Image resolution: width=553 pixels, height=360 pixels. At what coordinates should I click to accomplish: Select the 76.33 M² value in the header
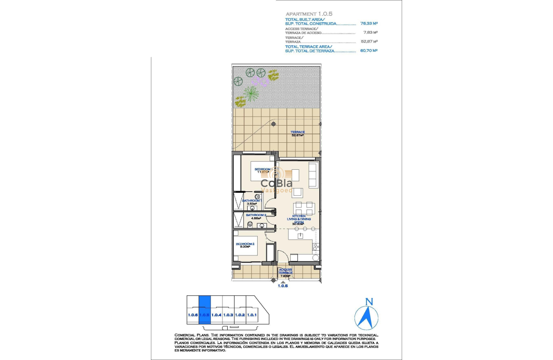tap(369, 24)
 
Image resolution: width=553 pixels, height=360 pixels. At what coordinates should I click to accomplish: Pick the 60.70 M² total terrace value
tap(369, 51)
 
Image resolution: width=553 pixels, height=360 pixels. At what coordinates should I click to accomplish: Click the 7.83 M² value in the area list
tap(370, 33)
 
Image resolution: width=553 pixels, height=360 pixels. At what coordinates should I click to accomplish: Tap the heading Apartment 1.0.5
tap(309, 14)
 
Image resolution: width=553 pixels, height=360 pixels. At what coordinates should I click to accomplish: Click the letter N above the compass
tap(367, 302)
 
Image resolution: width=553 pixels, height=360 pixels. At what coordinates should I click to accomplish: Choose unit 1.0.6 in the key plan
tap(192, 315)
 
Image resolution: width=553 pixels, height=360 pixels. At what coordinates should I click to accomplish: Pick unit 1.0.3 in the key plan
tap(228, 315)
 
